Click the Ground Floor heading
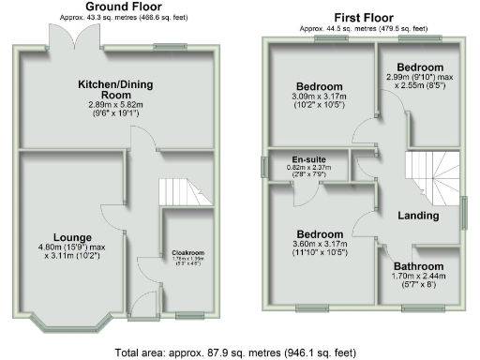click(121, 7)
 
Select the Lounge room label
click(71, 235)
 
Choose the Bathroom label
click(419, 265)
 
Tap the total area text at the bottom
click(235, 352)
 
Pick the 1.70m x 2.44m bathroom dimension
click(419, 277)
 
